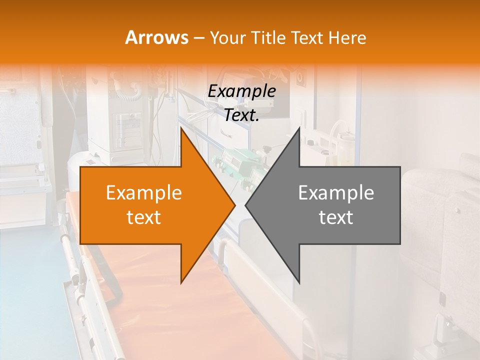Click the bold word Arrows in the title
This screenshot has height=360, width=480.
pos(157,37)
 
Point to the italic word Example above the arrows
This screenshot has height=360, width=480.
pos(241,91)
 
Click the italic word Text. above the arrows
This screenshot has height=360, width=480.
pos(241,115)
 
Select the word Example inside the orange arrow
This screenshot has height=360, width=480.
pos(144,193)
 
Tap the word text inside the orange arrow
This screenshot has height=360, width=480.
pos(144,217)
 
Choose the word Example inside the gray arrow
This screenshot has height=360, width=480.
pos(336,193)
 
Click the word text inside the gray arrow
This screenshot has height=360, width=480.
pos(336,217)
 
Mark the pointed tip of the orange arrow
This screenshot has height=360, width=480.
pos(235,205)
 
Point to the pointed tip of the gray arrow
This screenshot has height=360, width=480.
pos(245,205)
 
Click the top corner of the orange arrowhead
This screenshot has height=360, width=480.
pos(181,127)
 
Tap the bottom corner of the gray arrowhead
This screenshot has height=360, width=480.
pos(299,283)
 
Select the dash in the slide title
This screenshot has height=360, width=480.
pos(198,38)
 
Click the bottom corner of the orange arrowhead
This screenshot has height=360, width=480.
pos(181,283)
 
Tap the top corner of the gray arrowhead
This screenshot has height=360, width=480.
pos(299,127)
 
